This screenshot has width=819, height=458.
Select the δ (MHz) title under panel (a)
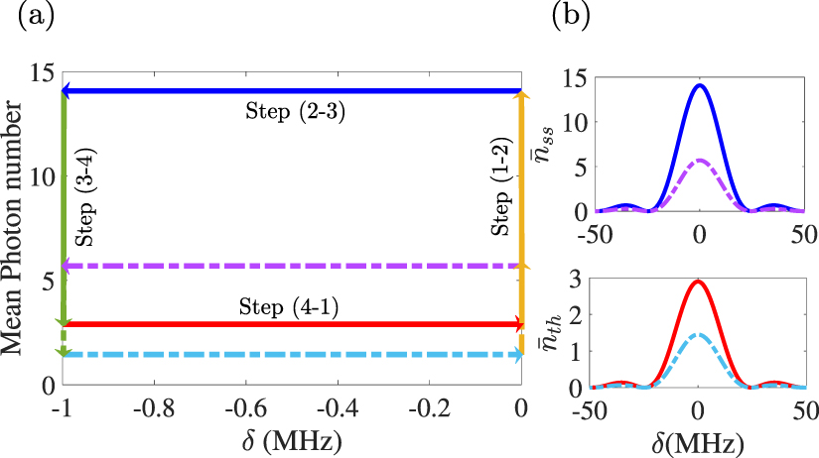pyautogui.click(x=293, y=436)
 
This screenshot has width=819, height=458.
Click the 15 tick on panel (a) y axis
pyautogui.click(x=42, y=72)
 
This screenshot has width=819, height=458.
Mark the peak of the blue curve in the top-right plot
pyautogui.click(x=700, y=85)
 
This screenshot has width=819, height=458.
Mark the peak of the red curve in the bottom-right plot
pyautogui.click(x=699, y=282)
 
